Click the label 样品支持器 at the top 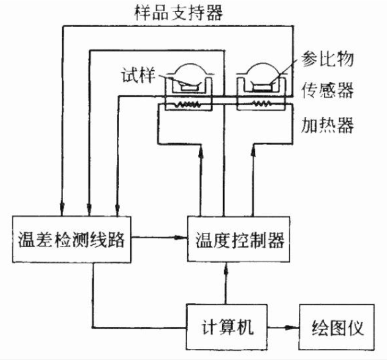178,11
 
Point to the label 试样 137,75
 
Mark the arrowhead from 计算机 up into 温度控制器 226,267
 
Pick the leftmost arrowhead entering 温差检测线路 62,208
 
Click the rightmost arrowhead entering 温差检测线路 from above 116,208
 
